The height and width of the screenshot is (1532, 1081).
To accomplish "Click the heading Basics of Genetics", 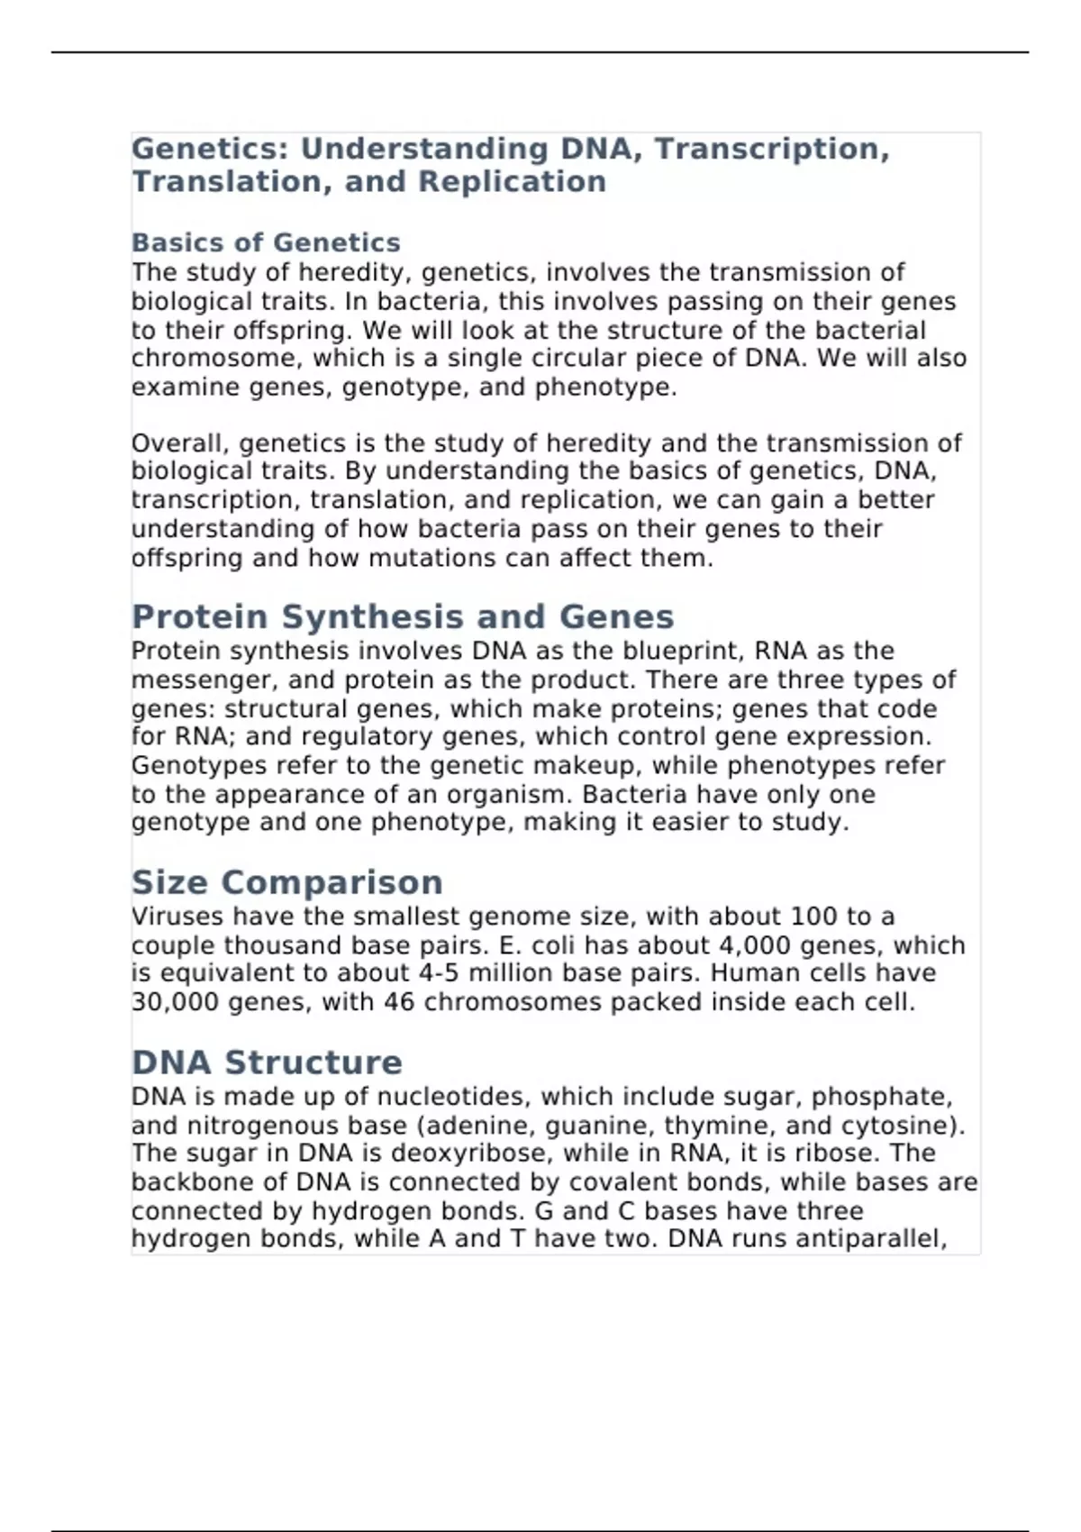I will click(x=266, y=242).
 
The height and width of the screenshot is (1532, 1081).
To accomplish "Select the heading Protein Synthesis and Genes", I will click(x=403, y=616).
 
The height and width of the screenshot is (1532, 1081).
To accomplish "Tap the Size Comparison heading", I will click(x=287, y=881).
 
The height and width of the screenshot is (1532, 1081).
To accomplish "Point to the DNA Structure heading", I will click(x=267, y=1062).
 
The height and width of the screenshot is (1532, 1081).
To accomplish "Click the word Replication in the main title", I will click(x=512, y=181).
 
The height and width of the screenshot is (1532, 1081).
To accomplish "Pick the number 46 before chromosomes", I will click(x=399, y=1002).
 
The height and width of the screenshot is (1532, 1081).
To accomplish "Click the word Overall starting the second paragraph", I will click(x=180, y=443).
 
